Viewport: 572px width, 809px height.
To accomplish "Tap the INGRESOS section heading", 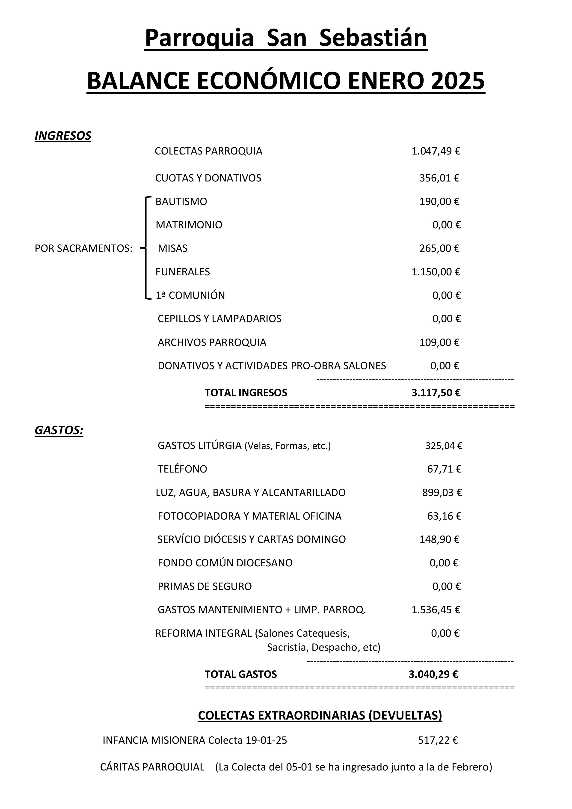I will [63, 136].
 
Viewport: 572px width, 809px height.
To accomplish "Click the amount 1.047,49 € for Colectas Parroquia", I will [436, 151].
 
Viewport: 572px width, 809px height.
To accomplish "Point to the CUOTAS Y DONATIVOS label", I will [208, 178].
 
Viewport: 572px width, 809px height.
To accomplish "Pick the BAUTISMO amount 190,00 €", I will [439, 202].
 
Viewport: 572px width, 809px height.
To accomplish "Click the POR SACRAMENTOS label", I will [83, 248].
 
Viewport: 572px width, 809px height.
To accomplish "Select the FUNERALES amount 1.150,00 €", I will [436, 272].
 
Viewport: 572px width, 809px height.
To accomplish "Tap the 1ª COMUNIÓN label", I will [190, 295].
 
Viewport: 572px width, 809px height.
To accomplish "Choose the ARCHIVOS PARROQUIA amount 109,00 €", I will [439, 342].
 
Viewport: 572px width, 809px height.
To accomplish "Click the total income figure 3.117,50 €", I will [436, 393].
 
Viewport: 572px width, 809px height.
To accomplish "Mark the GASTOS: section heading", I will [59, 430].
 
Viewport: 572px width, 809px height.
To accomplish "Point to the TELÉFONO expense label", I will [182, 469].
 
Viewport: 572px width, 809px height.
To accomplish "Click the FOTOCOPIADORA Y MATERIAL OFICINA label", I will [249, 516].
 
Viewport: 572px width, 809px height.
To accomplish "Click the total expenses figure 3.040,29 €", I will [433, 674].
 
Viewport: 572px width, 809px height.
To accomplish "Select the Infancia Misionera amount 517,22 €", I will [438, 740].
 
